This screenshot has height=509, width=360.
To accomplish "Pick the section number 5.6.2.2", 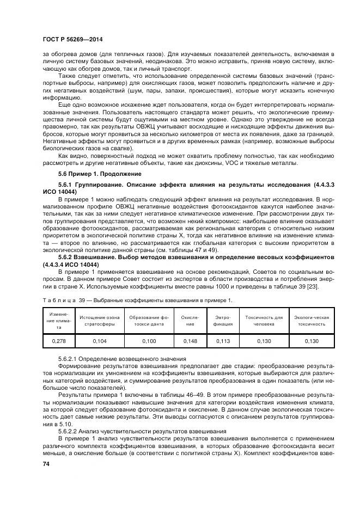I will click(69, 431).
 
